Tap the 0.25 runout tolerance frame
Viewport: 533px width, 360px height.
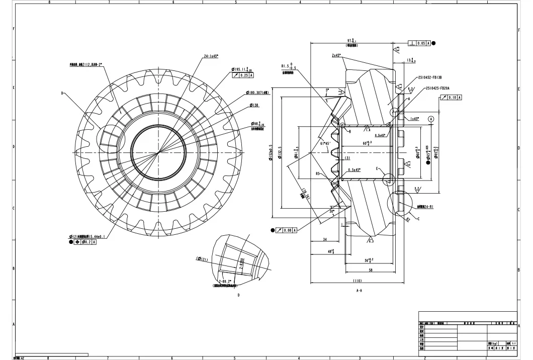244,75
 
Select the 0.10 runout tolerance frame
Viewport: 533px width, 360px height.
451,97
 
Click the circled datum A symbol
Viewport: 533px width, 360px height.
430,119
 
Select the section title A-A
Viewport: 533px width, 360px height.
360,291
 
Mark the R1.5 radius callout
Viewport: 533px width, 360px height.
289,66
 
